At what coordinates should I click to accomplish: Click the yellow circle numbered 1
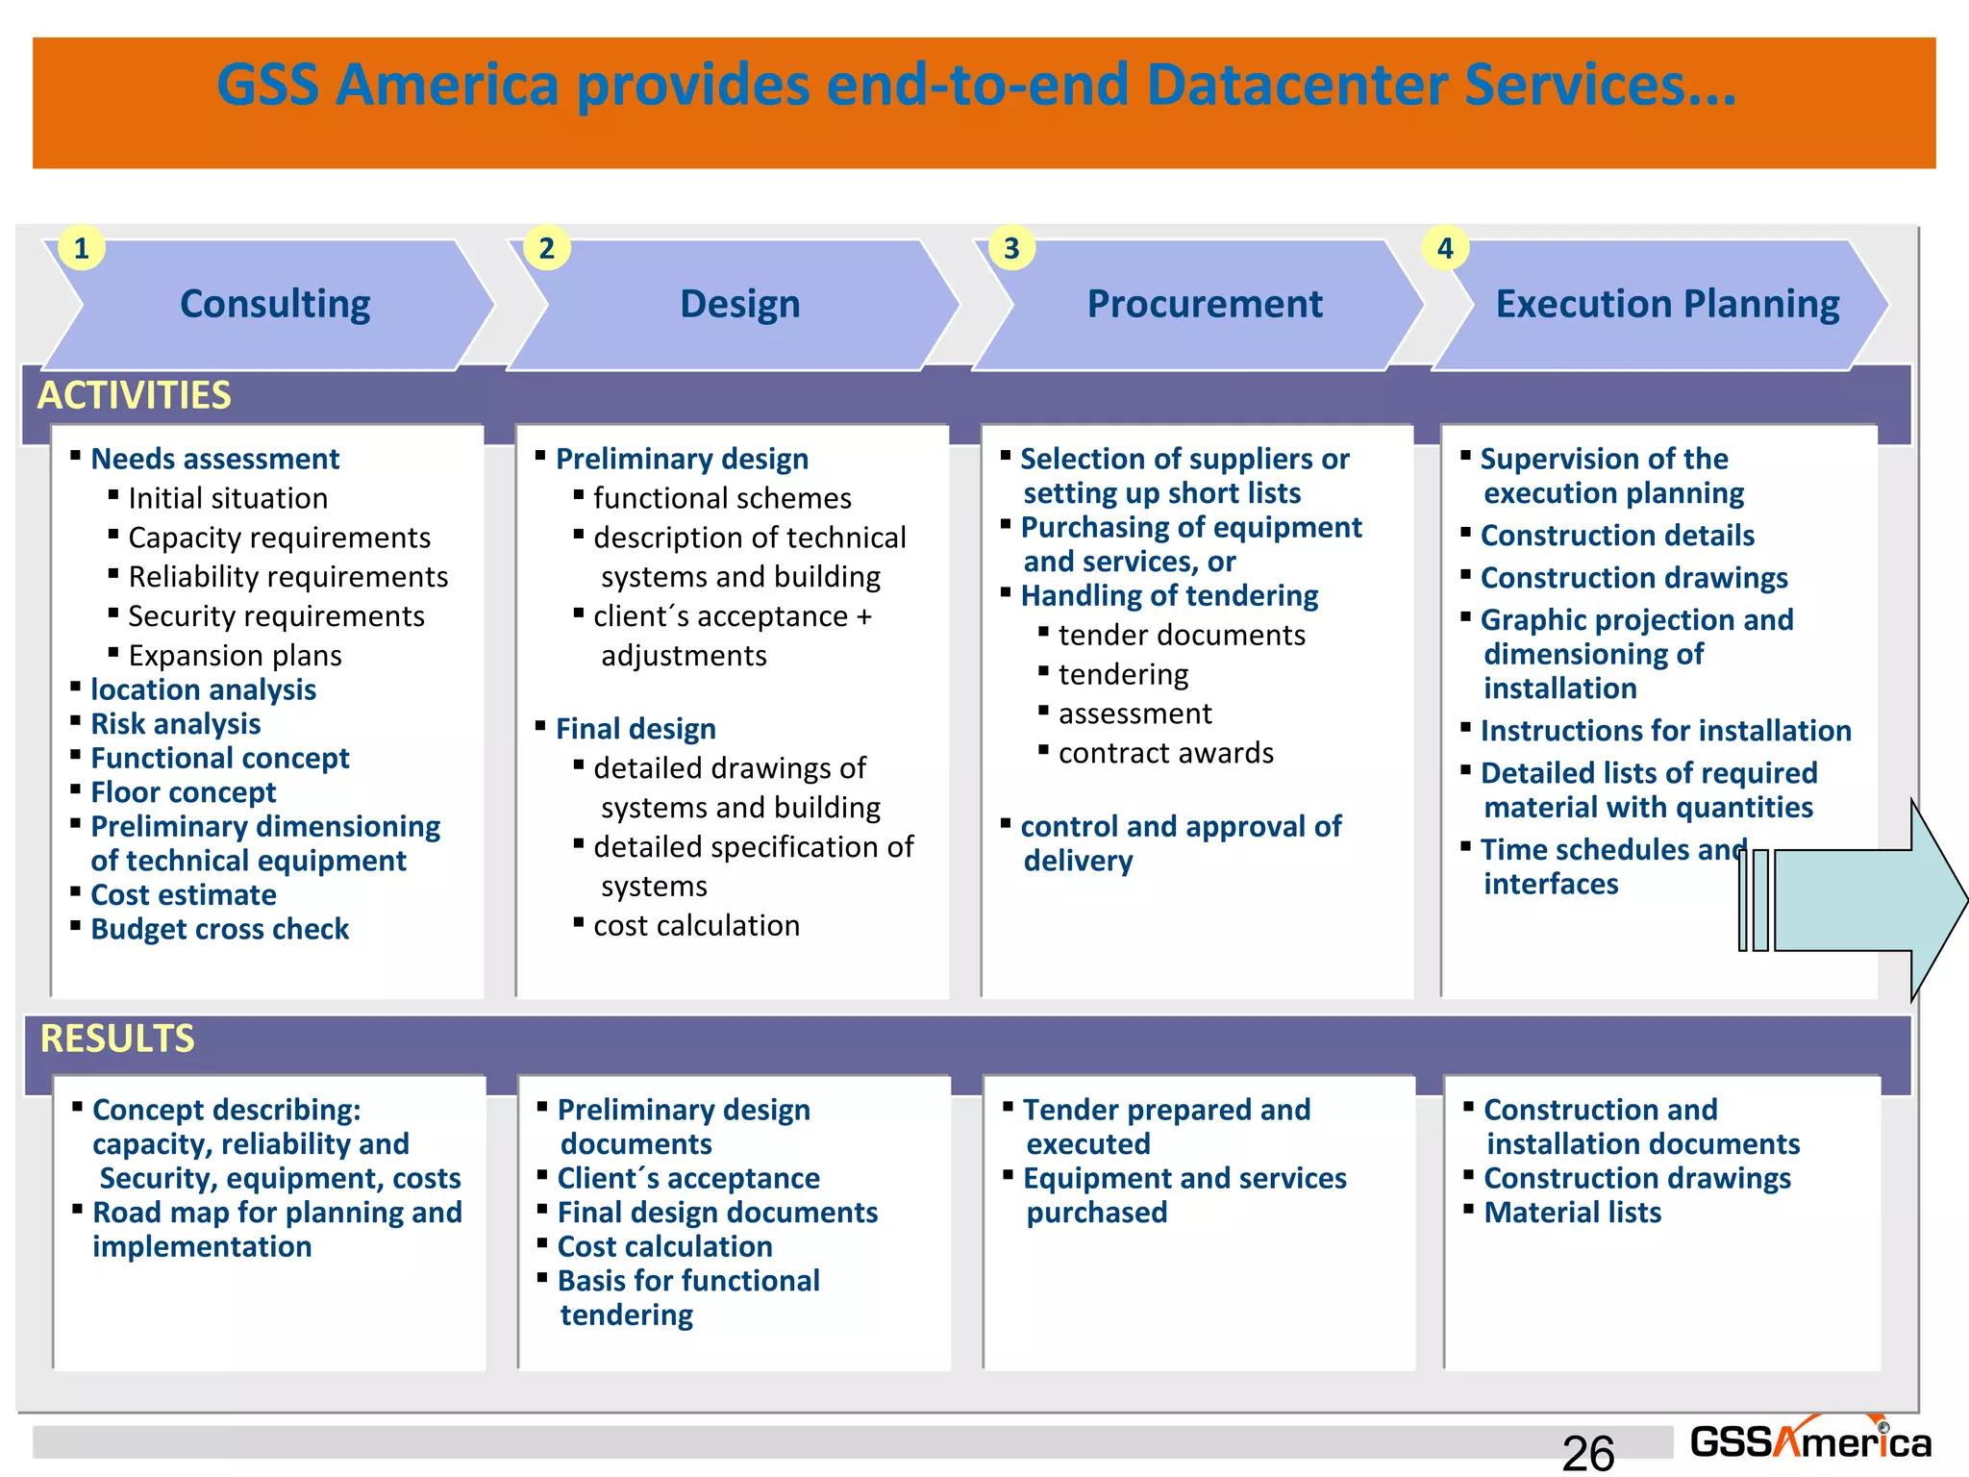pos(82,248)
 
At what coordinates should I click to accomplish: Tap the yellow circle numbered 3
pos(1011,248)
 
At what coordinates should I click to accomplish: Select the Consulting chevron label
pos(275,304)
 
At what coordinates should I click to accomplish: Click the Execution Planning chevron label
pos(1667,304)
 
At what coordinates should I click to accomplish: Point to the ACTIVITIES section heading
pos(135,395)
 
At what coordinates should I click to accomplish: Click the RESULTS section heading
pos(117,1039)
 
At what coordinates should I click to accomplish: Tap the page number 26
pos(1587,1452)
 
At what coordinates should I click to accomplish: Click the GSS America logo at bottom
pos(1809,1441)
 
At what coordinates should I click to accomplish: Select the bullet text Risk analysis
pos(175,724)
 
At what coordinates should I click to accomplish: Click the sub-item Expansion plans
pos(235,656)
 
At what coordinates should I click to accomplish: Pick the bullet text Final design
pos(636,729)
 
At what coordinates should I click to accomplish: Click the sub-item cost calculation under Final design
pos(696,925)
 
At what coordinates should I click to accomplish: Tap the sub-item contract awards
pos(1165,753)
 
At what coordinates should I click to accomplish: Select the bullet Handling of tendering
pos(1169,596)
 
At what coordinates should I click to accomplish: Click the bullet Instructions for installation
pos(1665,731)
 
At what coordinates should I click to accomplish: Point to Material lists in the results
pos(1572,1213)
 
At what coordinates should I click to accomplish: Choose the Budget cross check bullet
pos(219,929)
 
